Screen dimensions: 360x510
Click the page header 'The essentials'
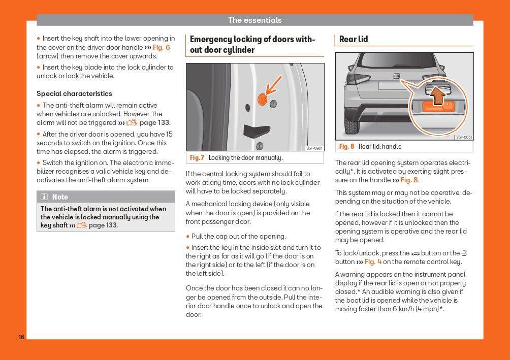point(254,20)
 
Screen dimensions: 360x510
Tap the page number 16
point(21,337)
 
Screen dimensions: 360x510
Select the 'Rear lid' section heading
point(354,39)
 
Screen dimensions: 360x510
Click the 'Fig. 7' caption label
point(197,158)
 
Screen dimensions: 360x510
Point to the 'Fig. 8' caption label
point(346,147)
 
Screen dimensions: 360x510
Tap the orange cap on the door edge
point(262,99)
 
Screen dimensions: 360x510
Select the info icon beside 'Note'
point(44,197)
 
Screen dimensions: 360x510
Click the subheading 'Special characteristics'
point(74,93)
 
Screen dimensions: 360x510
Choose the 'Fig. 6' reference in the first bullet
point(161,47)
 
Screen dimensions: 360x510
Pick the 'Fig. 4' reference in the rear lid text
point(373,262)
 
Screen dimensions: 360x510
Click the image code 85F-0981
point(314,148)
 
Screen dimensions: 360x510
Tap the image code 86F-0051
point(464,137)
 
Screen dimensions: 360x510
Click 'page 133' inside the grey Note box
point(103,225)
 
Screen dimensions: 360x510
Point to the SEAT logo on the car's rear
point(396,76)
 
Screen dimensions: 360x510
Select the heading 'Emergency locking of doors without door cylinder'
point(252,45)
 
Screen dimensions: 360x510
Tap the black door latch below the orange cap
point(257,130)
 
